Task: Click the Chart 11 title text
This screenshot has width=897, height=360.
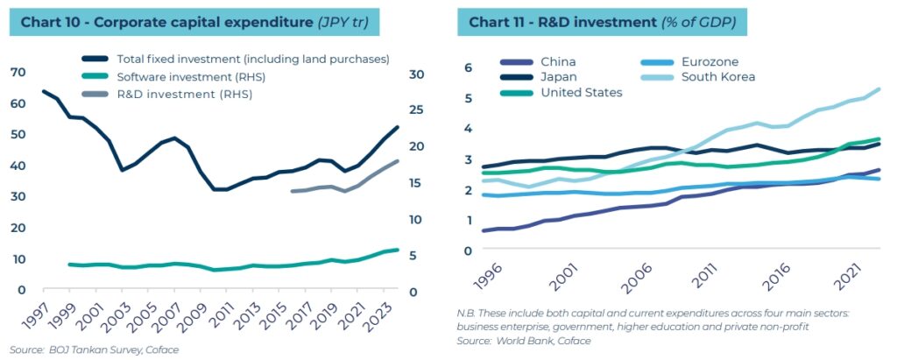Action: click(608, 22)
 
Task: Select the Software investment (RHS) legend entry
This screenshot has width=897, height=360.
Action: click(190, 77)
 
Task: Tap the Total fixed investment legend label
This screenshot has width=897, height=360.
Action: click(252, 60)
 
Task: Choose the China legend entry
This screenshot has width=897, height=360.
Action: click(558, 61)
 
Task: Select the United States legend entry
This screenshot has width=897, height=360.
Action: click(582, 92)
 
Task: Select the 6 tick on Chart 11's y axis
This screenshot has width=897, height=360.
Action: click(468, 67)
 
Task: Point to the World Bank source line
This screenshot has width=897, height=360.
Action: click(524, 340)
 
